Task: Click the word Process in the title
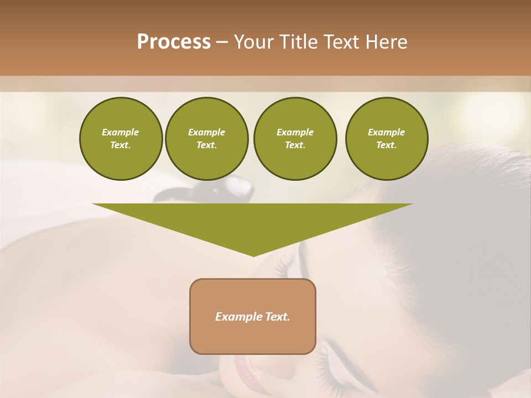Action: [x=174, y=42]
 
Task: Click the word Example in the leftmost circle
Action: [x=121, y=132]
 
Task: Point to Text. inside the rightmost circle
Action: [x=387, y=145]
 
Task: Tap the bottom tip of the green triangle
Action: [x=253, y=255]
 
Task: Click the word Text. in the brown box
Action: [x=277, y=317]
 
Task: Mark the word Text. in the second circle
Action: [x=207, y=145]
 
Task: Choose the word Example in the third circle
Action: [x=295, y=132]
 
